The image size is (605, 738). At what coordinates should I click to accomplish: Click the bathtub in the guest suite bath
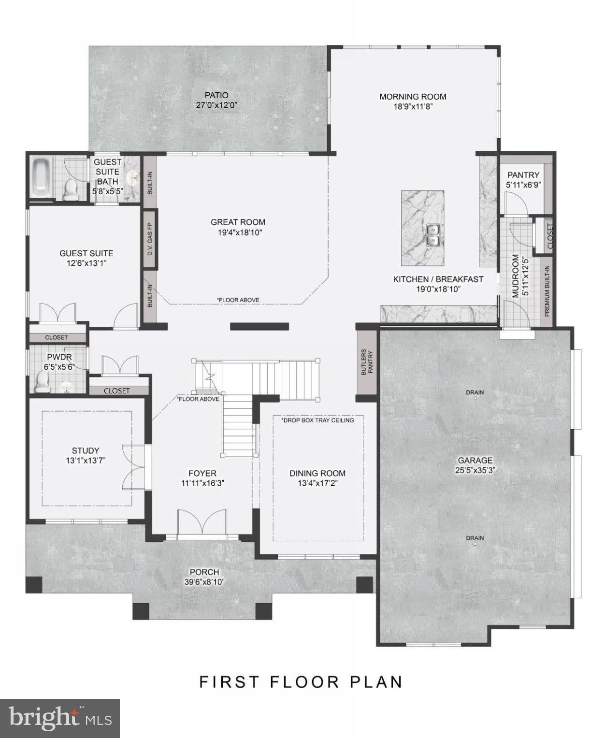41,178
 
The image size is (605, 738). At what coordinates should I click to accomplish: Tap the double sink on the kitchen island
433,235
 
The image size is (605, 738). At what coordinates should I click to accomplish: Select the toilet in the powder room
42,381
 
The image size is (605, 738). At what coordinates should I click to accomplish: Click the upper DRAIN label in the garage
475,392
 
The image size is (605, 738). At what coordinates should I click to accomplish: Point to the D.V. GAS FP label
150,239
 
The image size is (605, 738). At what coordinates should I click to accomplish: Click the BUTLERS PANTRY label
366,362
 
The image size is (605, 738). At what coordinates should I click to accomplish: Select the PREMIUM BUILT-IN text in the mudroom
547,291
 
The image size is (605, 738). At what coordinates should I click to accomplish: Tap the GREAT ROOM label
238,222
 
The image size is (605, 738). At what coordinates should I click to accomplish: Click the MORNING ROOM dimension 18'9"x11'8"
413,107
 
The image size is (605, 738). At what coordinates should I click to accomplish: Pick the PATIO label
216,95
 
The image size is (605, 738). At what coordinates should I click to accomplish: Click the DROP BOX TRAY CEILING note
317,420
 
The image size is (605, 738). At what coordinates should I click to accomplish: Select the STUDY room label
86,450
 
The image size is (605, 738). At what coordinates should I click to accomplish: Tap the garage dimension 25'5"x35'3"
475,470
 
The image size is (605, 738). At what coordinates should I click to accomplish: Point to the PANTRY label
523,174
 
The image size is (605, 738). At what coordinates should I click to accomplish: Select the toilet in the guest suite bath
71,189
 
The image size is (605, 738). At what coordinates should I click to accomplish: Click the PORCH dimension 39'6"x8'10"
204,582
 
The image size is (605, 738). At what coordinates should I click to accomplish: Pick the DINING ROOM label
317,473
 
